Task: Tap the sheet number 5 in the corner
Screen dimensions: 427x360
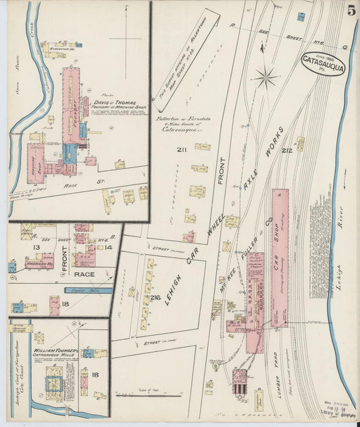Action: click(x=352, y=10)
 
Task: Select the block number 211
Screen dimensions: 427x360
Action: click(x=182, y=149)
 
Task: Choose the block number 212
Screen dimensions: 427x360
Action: click(x=287, y=150)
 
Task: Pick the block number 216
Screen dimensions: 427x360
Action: click(x=155, y=297)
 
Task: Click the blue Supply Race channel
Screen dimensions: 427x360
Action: click(x=87, y=290)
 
